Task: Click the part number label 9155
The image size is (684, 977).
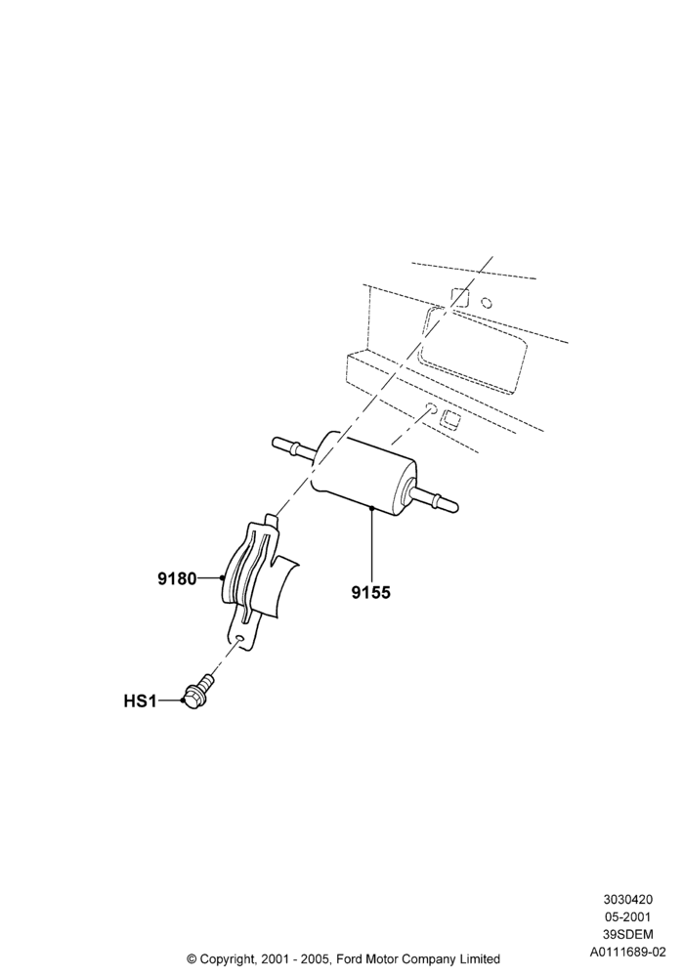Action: (x=370, y=593)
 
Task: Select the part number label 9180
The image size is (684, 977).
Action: (x=177, y=578)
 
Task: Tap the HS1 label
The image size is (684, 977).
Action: (x=140, y=701)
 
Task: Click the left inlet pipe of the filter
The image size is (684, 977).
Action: (x=293, y=446)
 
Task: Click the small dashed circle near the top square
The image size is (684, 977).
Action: (x=488, y=303)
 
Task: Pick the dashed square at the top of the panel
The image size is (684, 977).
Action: (x=459, y=297)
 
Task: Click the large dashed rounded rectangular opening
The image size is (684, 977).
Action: (x=474, y=350)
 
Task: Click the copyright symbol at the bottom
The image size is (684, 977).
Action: (x=192, y=958)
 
